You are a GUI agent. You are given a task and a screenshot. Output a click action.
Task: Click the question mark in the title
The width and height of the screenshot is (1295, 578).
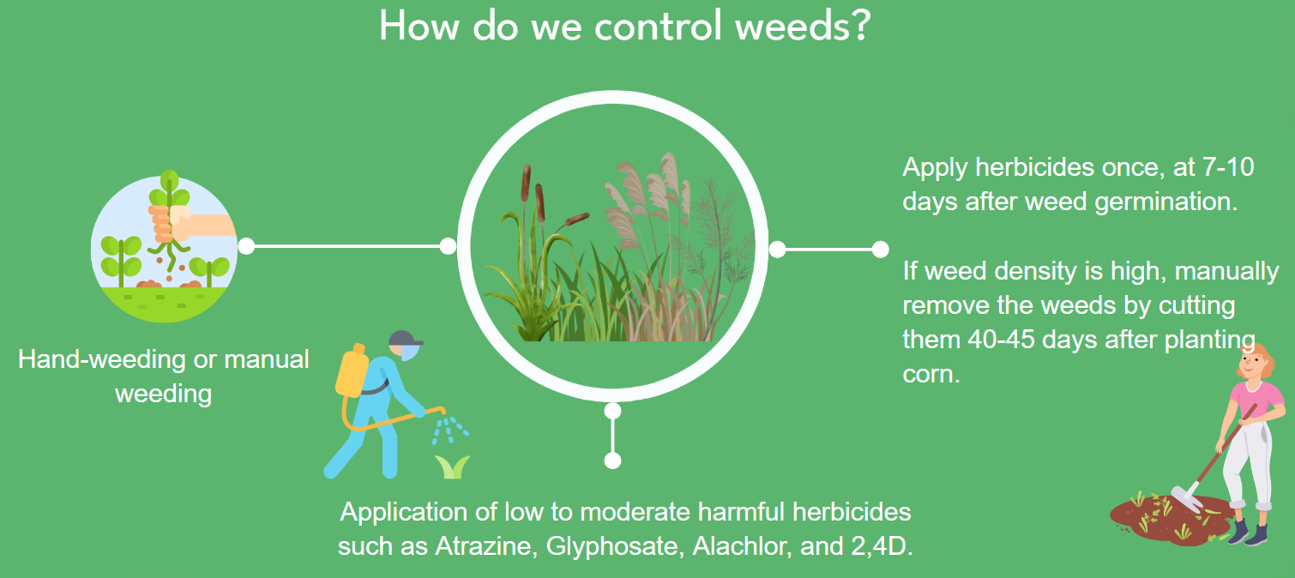click(x=859, y=25)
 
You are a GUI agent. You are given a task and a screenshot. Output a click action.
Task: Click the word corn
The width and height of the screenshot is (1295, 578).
click(x=931, y=375)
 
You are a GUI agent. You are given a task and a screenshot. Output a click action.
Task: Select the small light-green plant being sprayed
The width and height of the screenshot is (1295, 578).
click(x=452, y=467)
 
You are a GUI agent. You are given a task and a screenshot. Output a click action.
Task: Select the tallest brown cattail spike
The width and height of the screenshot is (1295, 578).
click(x=526, y=183)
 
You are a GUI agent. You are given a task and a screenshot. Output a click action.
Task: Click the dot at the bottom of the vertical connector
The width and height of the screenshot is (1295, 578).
click(x=613, y=461)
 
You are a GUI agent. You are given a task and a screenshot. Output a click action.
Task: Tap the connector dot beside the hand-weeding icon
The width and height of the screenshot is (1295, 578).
click(x=246, y=246)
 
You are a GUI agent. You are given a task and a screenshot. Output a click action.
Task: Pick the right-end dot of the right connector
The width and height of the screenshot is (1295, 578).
click(x=880, y=250)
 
